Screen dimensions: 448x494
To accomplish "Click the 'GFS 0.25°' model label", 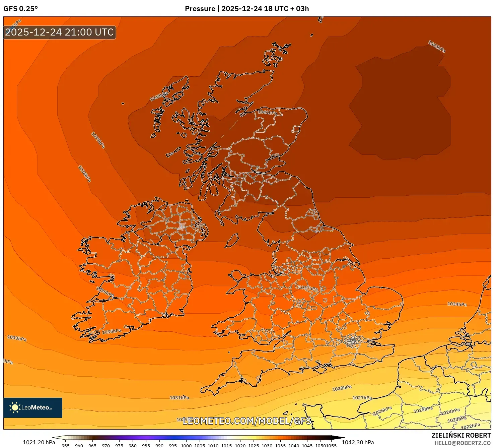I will click(x=20, y=9).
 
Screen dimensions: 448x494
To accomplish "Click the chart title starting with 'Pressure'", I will click(x=247, y=9).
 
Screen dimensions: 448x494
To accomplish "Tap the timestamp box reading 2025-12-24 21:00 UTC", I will click(x=60, y=33).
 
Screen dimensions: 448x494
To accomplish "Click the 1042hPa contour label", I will click(x=436, y=46).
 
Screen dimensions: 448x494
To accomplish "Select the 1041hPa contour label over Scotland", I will click(x=267, y=112).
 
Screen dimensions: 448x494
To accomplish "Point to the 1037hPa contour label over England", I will click(x=308, y=288).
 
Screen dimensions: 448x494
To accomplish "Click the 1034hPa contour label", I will click(x=457, y=304).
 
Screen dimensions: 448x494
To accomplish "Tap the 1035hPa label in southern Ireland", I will click(x=112, y=331).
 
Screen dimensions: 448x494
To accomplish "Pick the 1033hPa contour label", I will click(x=17, y=338).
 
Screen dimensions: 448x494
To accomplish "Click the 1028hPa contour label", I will click(x=342, y=388).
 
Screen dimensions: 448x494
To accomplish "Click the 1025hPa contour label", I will click(x=423, y=409).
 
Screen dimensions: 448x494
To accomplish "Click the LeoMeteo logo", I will click(x=33, y=407).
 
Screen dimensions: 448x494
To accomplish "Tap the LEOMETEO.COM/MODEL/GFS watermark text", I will click(x=247, y=421).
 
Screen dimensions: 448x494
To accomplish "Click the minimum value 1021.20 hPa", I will click(x=39, y=442).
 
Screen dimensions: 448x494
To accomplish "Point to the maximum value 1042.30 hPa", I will click(x=357, y=442).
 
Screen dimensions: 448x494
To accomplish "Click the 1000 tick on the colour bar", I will click(x=186, y=446).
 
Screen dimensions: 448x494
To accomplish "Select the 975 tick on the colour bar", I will click(x=119, y=446).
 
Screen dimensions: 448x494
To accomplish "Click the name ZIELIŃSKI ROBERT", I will click(x=461, y=436).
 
